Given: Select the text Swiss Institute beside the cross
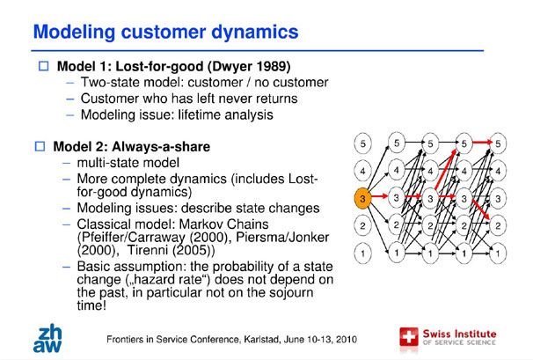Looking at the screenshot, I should [460, 333].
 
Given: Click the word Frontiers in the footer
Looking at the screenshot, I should [134, 337].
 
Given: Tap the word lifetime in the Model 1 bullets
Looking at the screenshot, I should [200, 114].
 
